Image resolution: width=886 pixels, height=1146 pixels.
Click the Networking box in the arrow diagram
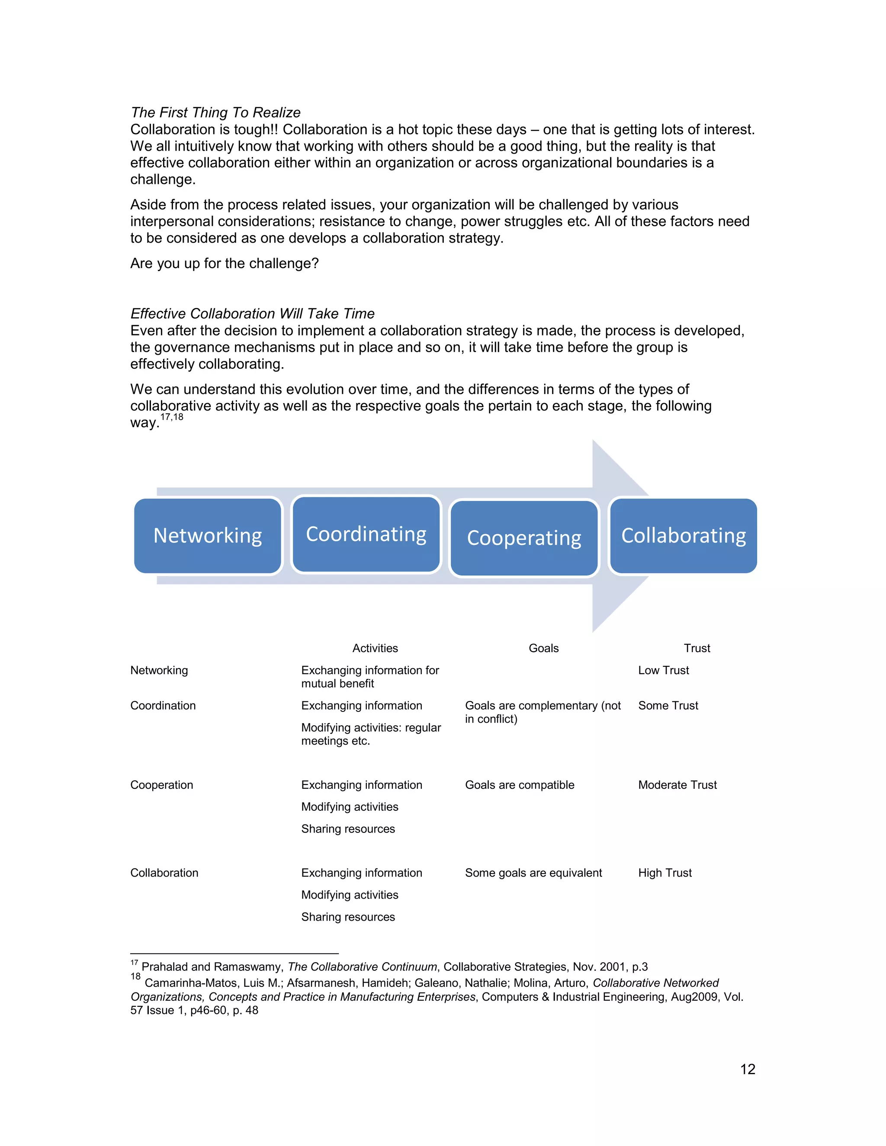(208, 536)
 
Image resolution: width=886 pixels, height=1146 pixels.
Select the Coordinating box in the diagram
(366, 534)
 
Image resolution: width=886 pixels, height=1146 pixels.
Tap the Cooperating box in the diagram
(524, 538)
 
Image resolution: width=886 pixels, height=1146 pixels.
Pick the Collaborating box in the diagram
(683, 536)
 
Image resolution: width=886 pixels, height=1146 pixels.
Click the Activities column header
(375, 648)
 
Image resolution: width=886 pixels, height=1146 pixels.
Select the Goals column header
(543, 648)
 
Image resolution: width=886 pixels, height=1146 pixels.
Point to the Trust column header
(697, 648)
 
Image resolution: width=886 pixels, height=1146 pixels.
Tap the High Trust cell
(664, 873)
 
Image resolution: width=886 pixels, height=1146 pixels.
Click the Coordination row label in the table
(163, 705)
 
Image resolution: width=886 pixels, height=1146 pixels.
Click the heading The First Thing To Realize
(215, 112)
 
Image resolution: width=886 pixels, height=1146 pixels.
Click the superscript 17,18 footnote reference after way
(172, 417)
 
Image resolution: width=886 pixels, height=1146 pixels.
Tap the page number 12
(748, 1069)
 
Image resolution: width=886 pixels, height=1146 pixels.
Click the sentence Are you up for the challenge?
(224, 263)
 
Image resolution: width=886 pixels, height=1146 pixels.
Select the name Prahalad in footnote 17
(164, 967)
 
